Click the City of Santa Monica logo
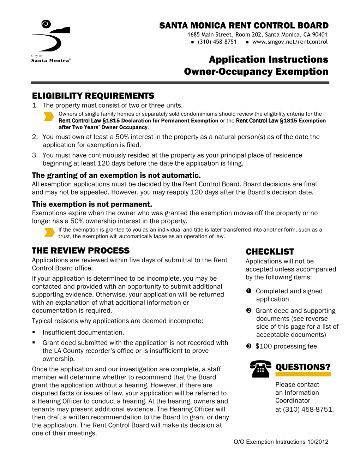[x=51, y=41]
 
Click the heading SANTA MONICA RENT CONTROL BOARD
[x=244, y=25]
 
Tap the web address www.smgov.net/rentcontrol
[x=290, y=42]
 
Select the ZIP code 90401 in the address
[x=320, y=35]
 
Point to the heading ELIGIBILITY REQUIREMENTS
[x=93, y=96]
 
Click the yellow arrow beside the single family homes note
[x=49, y=117]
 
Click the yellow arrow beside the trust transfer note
[x=49, y=232]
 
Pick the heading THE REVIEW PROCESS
[x=81, y=251]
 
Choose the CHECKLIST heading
[x=270, y=252]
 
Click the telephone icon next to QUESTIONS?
[x=260, y=369]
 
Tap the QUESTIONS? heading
[x=303, y=367]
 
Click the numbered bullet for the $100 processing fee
[x=249, y=346]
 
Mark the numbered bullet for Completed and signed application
[x=249, y=291]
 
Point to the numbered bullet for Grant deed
[x=249, y=311]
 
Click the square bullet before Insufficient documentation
[x=34, y=332]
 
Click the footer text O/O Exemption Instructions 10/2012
[x=281, y=442]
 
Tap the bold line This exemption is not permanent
[x=92, y=204]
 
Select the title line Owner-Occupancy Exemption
[x=256, y=72]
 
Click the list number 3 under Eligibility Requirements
[x=35, y=155]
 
